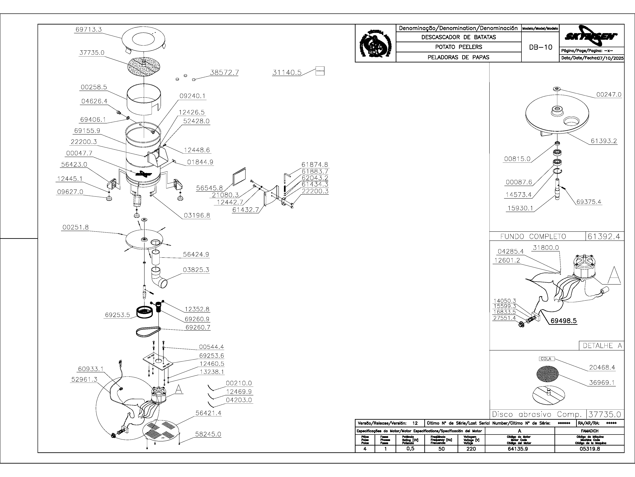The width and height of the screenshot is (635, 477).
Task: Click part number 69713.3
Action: (88, 29)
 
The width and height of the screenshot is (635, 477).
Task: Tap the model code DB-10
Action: (541, 47)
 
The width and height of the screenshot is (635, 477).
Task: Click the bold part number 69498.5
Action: (564, 321)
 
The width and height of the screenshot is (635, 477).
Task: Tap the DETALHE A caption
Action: (602, 346)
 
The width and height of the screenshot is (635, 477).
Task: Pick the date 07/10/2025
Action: (610, 58)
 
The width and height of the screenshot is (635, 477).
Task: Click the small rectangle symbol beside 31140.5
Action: (320, 71)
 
